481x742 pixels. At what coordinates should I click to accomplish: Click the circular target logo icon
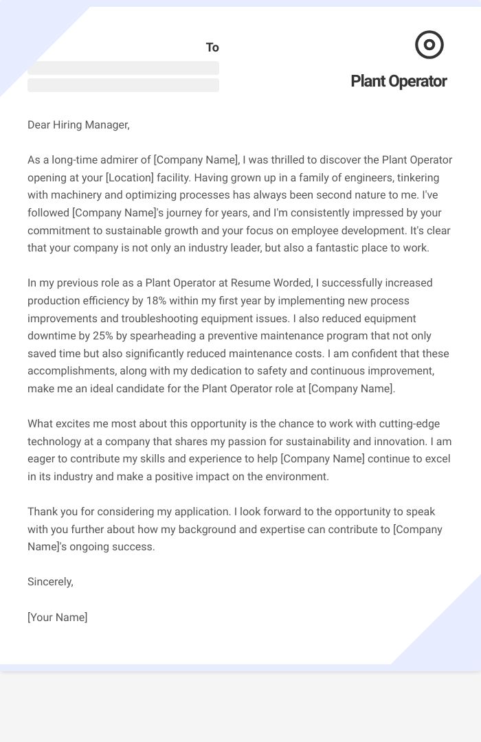429,45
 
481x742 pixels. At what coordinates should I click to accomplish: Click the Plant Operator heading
399,81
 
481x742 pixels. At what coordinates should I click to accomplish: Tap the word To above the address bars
212,47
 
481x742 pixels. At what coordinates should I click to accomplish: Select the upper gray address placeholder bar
123,68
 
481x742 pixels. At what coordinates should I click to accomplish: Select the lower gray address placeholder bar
123,85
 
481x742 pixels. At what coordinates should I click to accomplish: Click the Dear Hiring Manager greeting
78,124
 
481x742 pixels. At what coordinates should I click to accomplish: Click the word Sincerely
50,581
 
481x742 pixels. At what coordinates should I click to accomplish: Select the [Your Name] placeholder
58,617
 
